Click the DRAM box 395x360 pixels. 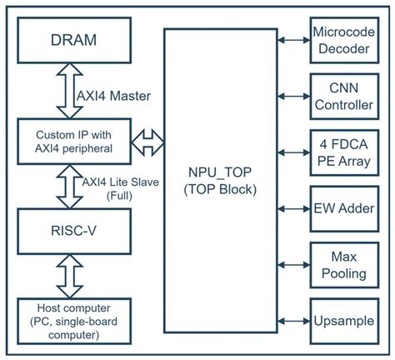(73, 39)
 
